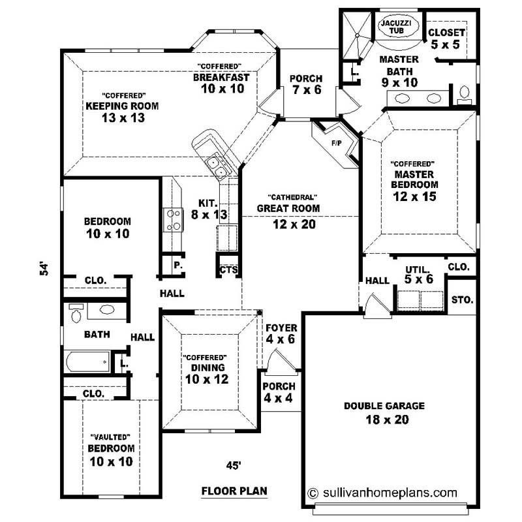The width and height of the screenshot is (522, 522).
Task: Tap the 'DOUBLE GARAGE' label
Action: point(384,406)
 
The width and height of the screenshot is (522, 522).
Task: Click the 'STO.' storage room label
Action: point(462,300)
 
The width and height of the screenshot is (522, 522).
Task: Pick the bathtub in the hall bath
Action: point(88,361)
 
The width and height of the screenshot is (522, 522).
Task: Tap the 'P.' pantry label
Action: point(177,265)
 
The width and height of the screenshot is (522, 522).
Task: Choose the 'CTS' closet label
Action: point(228,269)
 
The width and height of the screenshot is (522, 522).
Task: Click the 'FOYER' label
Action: point(282,328)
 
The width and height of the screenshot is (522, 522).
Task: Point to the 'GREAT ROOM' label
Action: point(288,209)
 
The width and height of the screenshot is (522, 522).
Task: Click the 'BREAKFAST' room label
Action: point(221,77)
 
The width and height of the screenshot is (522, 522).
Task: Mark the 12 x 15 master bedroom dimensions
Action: point(414,196)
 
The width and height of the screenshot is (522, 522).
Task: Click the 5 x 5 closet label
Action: point(447,44)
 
